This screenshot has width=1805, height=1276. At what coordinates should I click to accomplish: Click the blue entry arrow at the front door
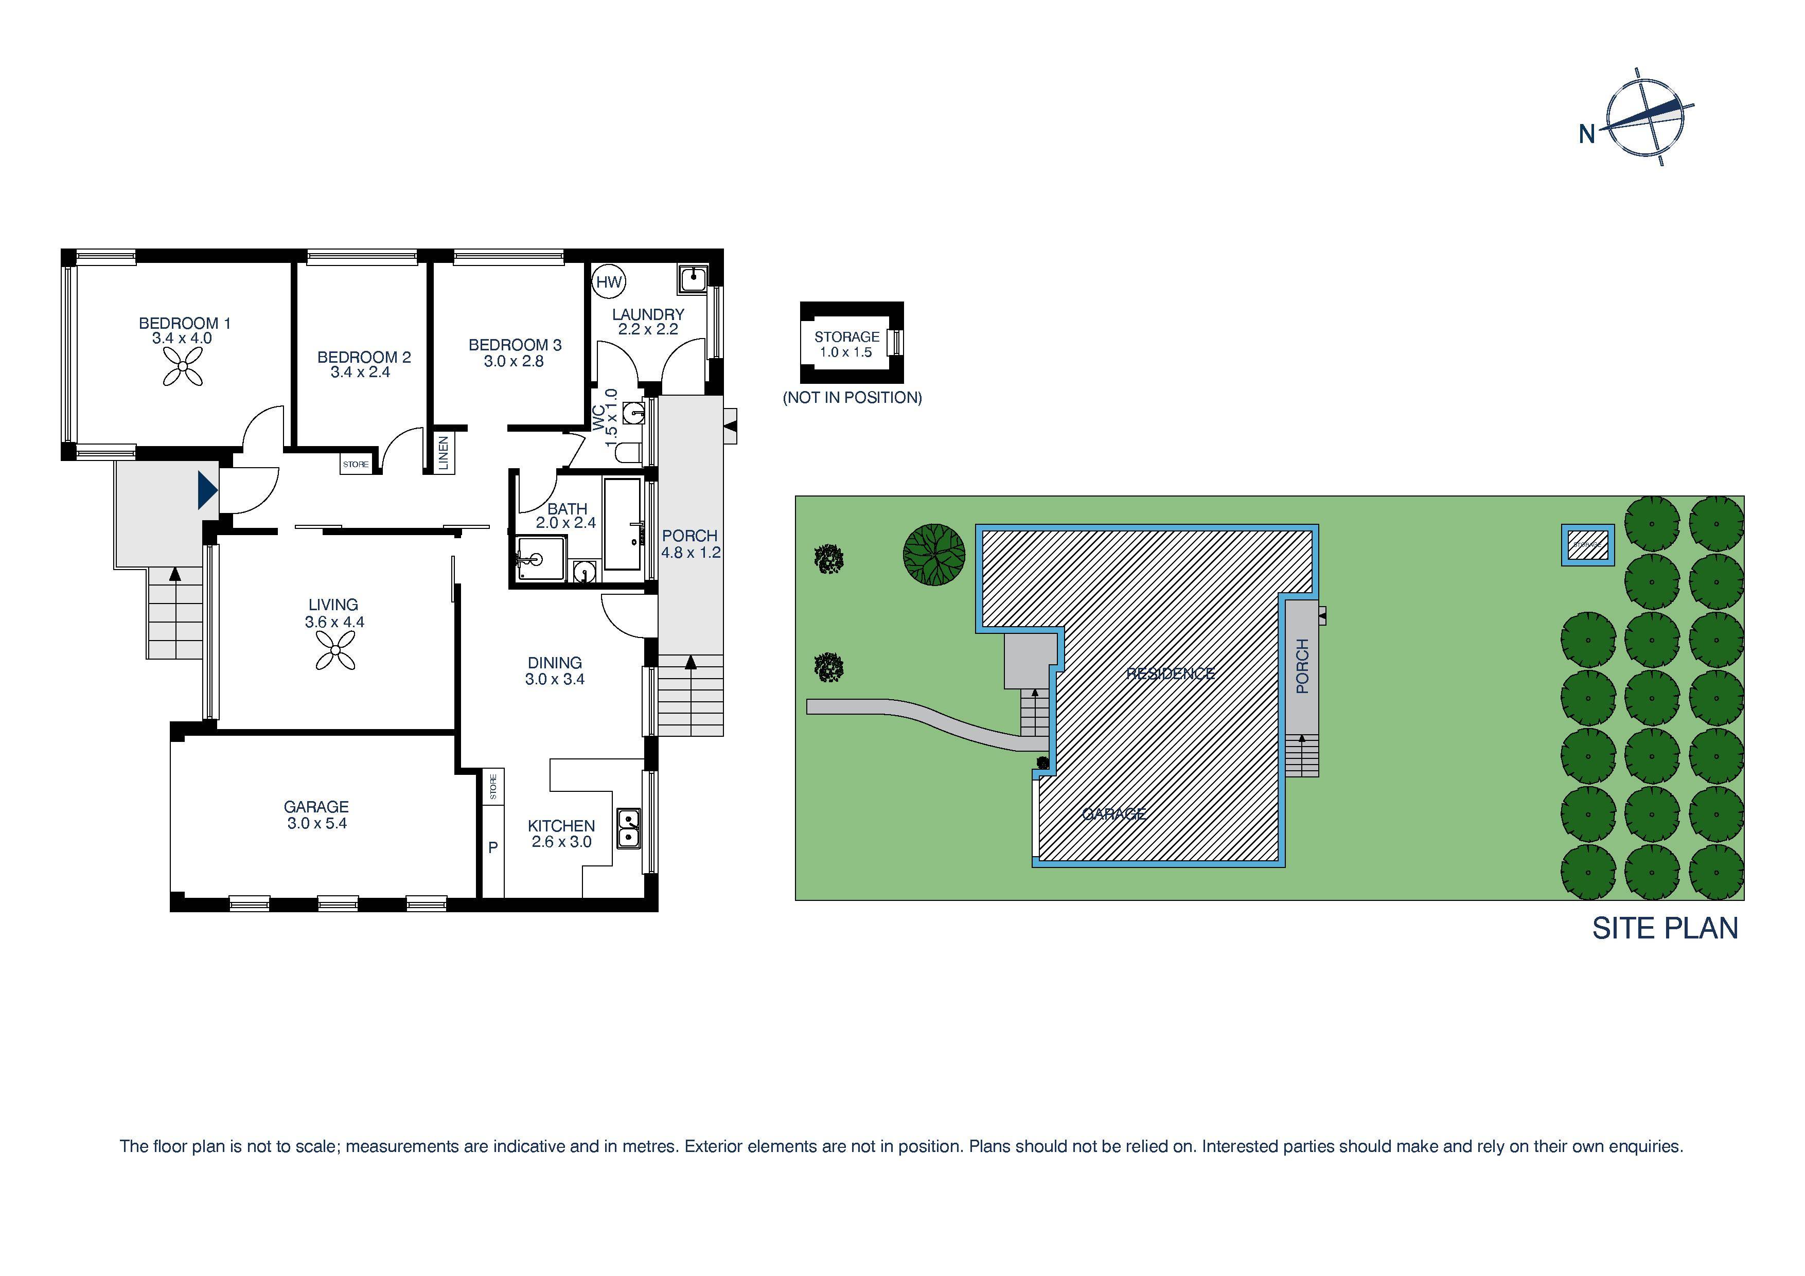coord(207,490)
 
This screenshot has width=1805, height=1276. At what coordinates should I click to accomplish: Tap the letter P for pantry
coord(493,847)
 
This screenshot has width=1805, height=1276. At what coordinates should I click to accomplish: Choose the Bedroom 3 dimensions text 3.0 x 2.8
coord(514,362)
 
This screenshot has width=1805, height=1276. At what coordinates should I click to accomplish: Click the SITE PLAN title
coord(1665,929)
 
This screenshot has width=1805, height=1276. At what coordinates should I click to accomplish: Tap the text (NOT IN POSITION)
coord(852,398)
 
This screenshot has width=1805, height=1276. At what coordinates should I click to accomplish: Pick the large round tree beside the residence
coord(933,554)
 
